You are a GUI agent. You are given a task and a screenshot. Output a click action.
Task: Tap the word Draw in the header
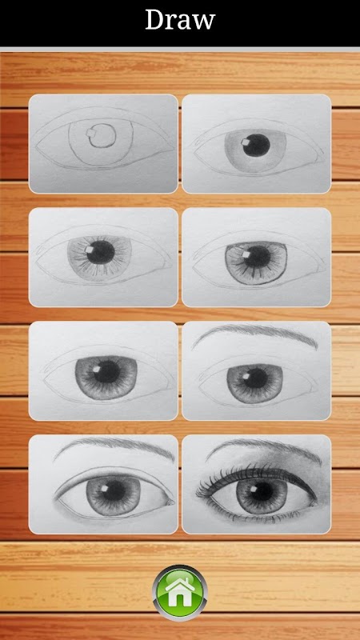pyautogui.click(x=180, y=19)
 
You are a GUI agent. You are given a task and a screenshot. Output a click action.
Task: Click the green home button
pyautogui.click(x=180, y=593)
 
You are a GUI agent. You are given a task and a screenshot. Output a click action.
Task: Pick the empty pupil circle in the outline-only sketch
pyautogui.click(x=102, y=135)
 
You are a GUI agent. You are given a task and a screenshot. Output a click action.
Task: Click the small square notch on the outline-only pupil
pyautogui.click(x=90, y=132)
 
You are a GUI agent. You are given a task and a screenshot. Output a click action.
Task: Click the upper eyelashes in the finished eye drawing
pyautogui.click(x=253, y=478)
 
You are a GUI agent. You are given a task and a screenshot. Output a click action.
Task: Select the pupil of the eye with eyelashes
pyautogui.click(x=263, y=491)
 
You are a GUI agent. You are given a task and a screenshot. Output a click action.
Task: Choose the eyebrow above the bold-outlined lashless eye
pyautogui.click(x=115, y=448)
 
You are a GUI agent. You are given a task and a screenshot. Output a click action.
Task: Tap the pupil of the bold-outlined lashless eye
pyautogui.click(x=114, y=491)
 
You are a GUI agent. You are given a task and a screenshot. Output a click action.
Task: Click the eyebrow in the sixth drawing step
pyautogui.click(x=255, y=334)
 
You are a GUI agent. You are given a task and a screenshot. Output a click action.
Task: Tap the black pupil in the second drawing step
pyautogui.click(x=256, y=145)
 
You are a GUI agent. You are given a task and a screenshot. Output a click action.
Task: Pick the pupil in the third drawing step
pyautogui.click(x=101, y=252)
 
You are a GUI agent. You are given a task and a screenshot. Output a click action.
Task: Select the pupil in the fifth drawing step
pyautogui.click(x=107, y=372)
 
